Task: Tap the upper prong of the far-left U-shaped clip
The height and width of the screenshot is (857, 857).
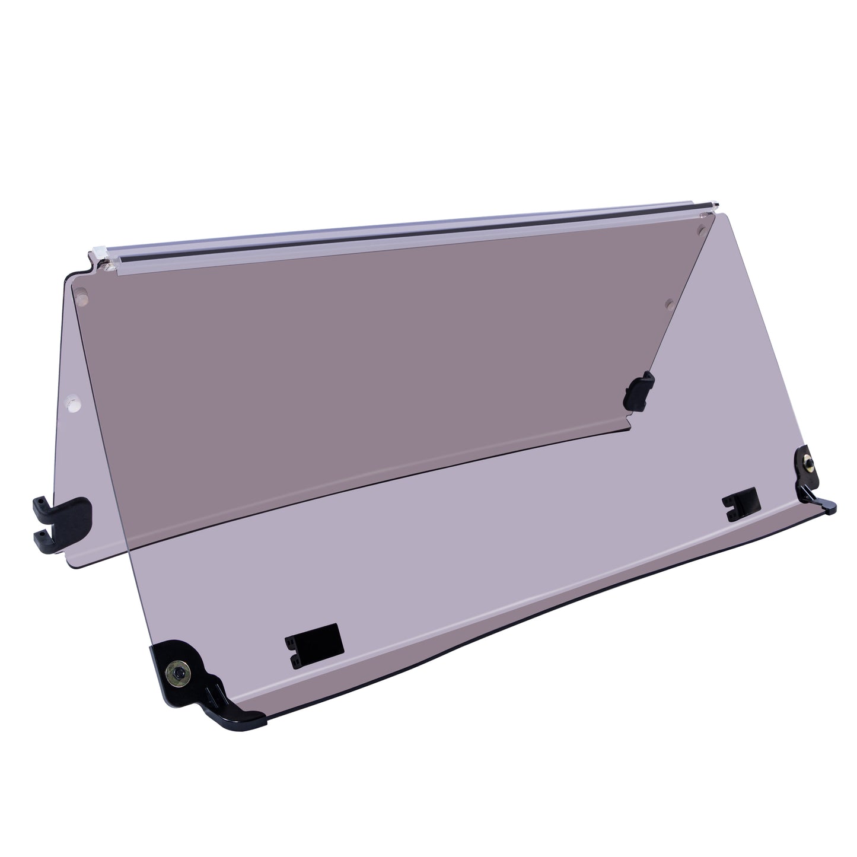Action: tap(62, 506)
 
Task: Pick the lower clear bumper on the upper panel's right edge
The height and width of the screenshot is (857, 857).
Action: tap(670, 303)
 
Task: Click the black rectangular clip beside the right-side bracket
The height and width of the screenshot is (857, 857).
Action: tap(741, 504)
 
